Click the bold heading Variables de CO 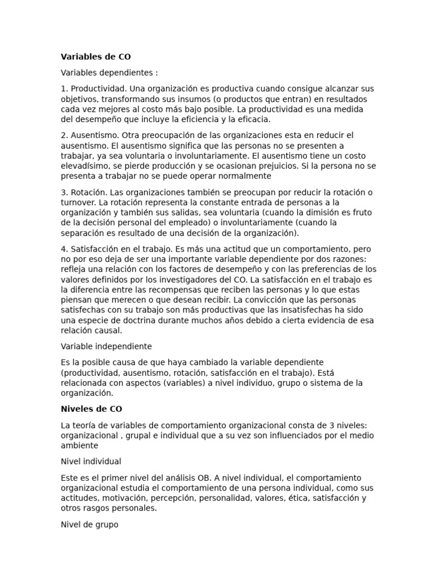(x=96, y=57)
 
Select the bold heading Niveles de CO (x=91, y=409)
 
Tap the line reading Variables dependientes (x=109, y=73)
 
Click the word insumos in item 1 (x=174, y=99)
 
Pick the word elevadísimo (x=84, y=166)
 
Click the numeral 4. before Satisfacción (x=64, y=249)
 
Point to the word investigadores (x=193, y=279)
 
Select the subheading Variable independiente (x=106, y=346)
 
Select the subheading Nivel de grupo (x=90, y=524)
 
